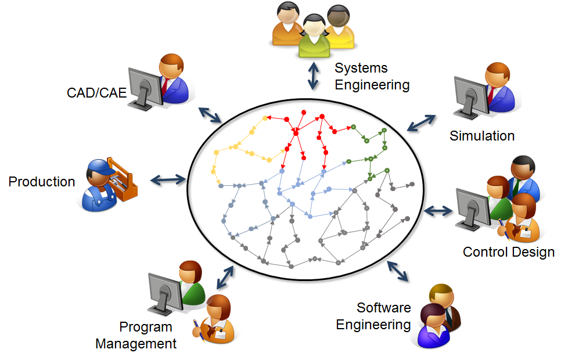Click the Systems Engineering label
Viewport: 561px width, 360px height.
[x=372, y=77]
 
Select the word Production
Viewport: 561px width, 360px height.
[x=42, y=182]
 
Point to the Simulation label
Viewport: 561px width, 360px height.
[x=482, y=136]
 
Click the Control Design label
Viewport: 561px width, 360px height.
[x=509, y=252]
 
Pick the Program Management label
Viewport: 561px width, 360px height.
[x=136, y=335]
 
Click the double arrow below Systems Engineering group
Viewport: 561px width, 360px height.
[x=314, y=75]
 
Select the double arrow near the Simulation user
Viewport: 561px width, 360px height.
[x=420, y=123]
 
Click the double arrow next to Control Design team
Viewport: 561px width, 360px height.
[x=439, y=210]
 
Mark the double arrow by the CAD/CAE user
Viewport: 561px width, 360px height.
[x=210, y=114]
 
